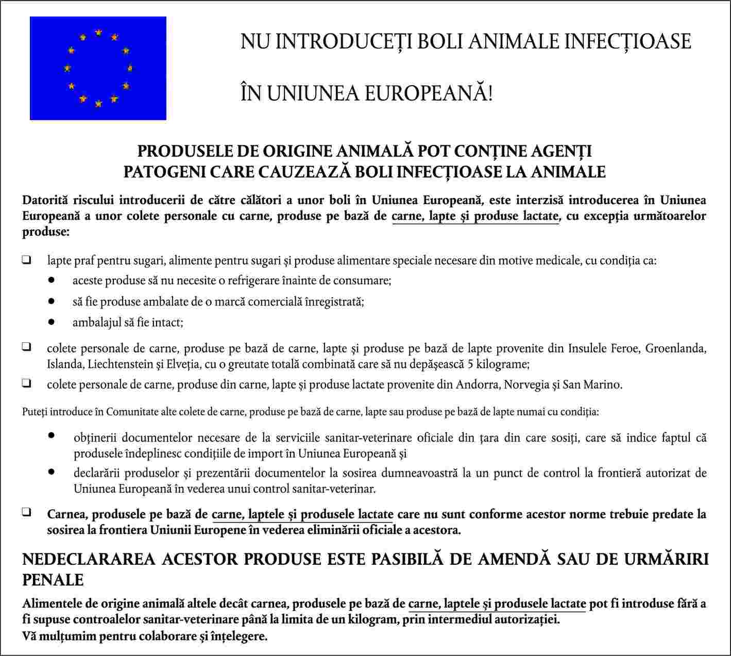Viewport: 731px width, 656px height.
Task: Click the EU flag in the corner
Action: click(x=98, y=68)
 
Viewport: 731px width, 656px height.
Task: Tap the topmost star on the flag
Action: click(x=98, y=33)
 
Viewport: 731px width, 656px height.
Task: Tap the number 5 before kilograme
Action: click(x=471, y=364)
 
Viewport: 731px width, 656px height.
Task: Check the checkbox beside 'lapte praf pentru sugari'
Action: click(x=26, y=260)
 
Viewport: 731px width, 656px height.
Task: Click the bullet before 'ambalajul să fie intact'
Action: click(x=51, y=322)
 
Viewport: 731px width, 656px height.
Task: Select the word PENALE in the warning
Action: click(x=53, y=580)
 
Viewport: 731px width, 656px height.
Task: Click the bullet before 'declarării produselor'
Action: click(x=51, y=472)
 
